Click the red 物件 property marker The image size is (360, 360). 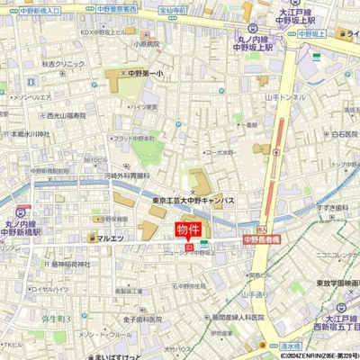pyautogui.click(x=187, y=230)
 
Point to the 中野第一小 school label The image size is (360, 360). pyautogui.click(x=143, y=73)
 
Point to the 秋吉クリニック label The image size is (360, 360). pyautogui.click(x=64, y=65)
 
